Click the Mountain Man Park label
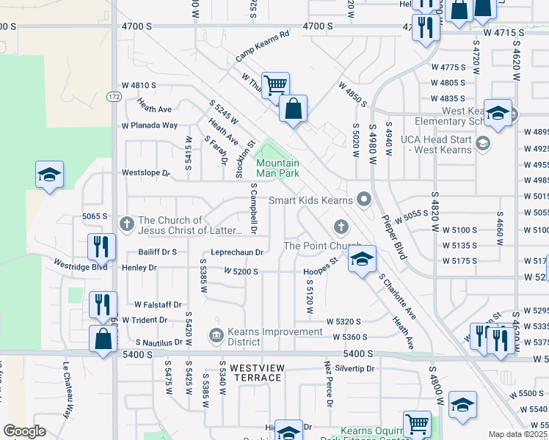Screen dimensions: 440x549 click(x=277, y=168)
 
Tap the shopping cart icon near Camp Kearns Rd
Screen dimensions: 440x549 click(x=274, y=86)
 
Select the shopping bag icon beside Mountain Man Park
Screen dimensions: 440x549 click(x=293, y=110)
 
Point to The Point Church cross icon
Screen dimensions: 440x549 click(x=340, y=225)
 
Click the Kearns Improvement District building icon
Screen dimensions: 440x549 click(x=215, y=336)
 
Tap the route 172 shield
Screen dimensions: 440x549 click(x=113, y=96)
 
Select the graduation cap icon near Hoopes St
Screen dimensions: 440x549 click(x=360, y=260)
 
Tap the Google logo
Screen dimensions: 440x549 click(x=24, y=431)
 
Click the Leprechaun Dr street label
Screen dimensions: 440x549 click(x=236, y=252)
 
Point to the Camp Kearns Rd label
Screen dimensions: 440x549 click(x=263, y=45)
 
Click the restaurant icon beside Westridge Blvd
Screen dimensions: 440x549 click(x=101, y=246)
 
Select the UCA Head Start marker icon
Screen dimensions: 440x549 click(x=482, y=143)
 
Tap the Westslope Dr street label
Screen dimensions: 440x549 click(x=145, y=174)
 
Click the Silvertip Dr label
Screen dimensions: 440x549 click(x=355, y=368)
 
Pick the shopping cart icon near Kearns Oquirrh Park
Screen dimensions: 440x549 click(x=417, y=423)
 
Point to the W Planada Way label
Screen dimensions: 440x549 click(x=150, y=125)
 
